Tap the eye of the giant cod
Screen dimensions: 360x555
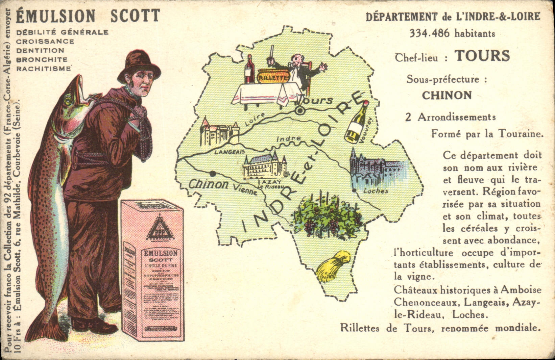[x=68, y=100]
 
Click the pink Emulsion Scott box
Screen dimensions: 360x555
[x=152, y=270]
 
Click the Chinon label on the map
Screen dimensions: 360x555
[x=208, y=184]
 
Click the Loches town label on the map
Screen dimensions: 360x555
[x=375, y=191]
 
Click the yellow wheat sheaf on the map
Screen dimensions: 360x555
[x=333, y=265]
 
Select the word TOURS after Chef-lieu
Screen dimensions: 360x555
[x=482, y=56]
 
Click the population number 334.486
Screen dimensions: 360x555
[x=430, y=33]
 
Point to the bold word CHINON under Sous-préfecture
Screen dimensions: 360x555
[x=447, y=96]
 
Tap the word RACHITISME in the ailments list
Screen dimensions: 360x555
[x=44, y=69]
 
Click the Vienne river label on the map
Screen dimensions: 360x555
[x=245, y=190]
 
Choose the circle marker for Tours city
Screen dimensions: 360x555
[x=299, y=110]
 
